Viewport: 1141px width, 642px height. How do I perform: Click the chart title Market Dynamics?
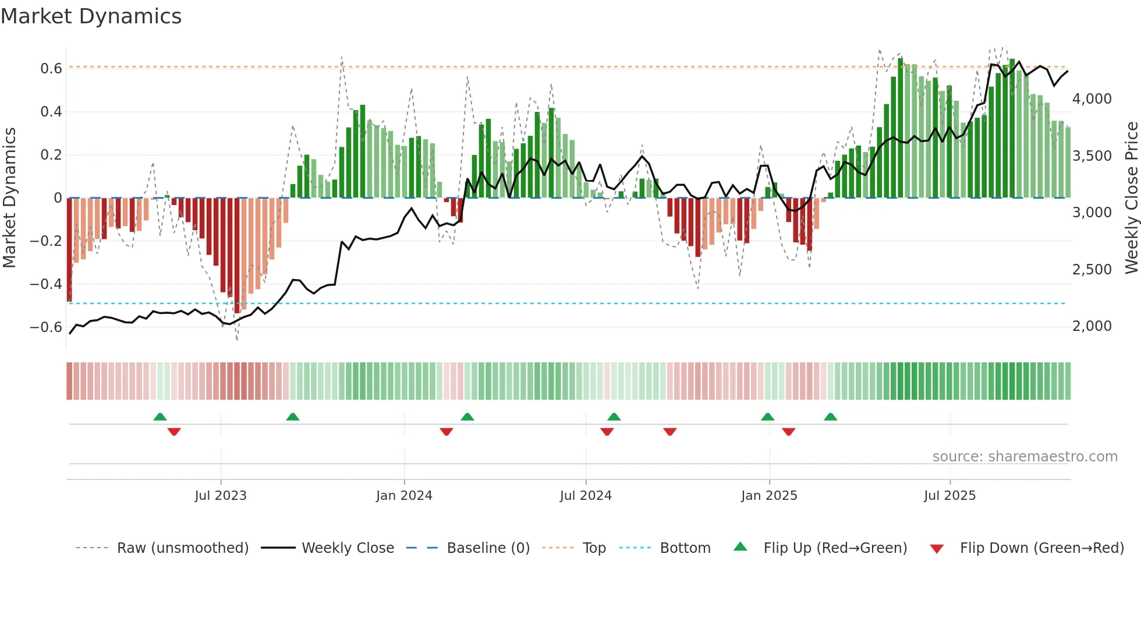[91, 16]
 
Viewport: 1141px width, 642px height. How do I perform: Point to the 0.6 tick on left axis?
[51, 69]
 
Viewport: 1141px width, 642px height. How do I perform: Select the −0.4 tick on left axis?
[46, 284]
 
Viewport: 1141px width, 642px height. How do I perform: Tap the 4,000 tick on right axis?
[1092, 99]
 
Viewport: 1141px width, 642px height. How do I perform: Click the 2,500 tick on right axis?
[1092, 270]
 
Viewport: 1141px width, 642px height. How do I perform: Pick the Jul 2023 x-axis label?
[221, 496]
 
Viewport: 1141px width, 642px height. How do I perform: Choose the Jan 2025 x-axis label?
[769, 496]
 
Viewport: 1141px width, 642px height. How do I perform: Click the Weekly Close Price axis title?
[1131, 198]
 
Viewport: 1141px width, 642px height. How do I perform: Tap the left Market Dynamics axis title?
[10, 198]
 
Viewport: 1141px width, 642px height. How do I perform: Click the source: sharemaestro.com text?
[1025, 457]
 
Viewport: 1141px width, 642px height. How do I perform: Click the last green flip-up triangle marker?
[831, 417]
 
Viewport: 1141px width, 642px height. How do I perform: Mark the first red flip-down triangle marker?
[174, 432]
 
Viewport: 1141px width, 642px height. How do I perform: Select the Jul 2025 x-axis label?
[949, 496]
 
